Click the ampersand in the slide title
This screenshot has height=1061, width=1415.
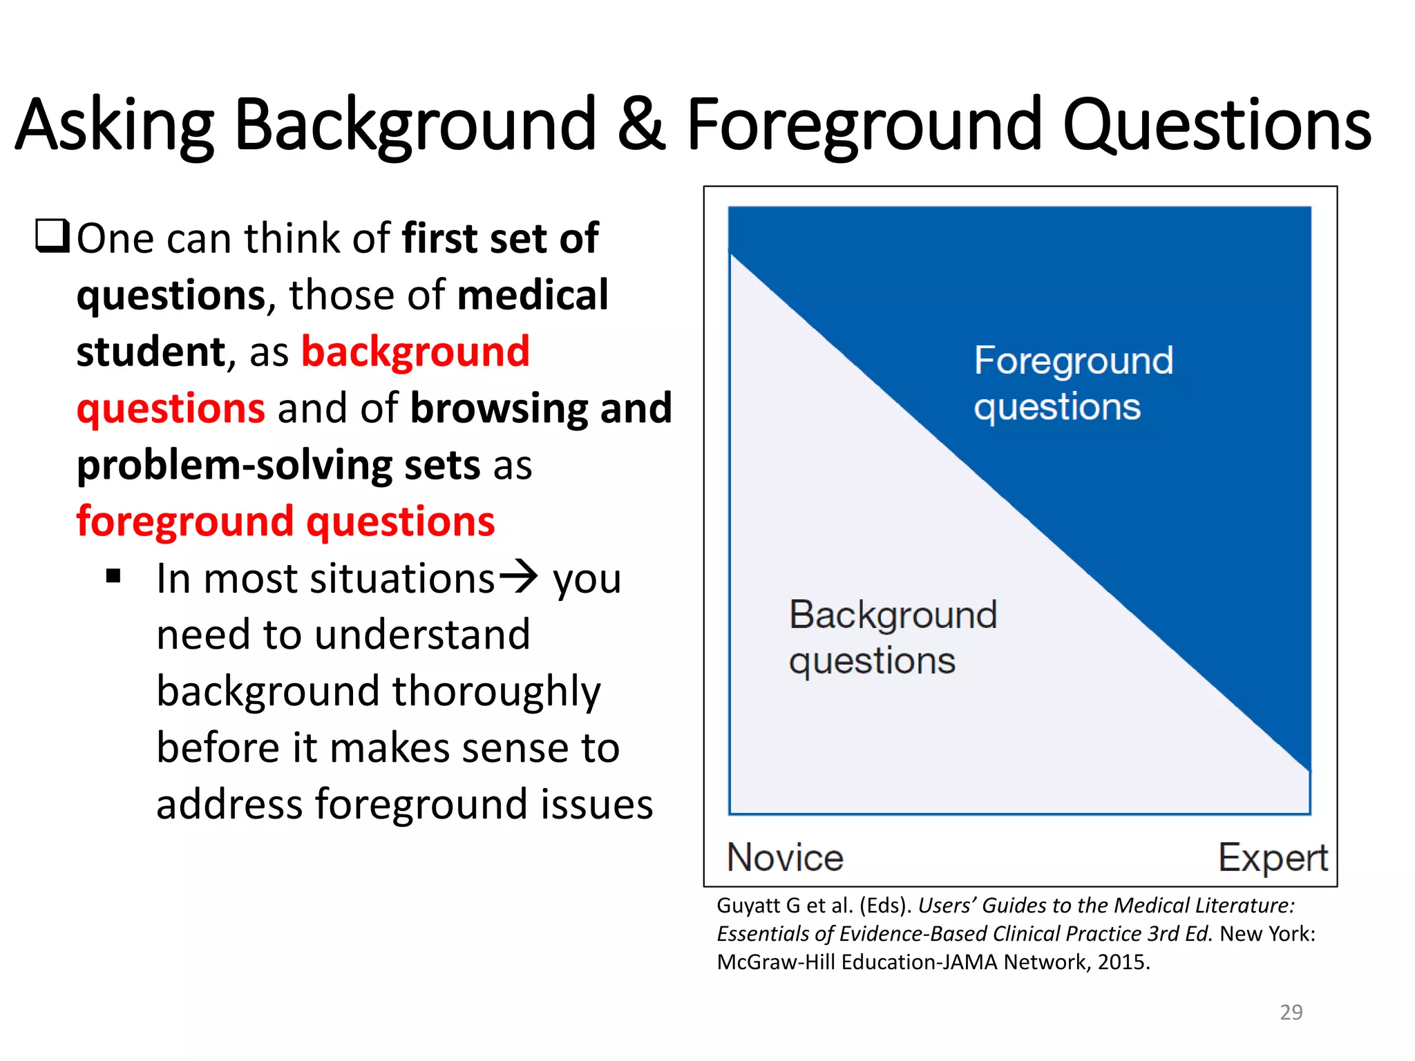point(641,124)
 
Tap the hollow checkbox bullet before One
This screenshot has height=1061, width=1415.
point(53,236)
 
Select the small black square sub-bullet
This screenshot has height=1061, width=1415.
point(114,576)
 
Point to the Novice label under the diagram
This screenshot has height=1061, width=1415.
point(785,858)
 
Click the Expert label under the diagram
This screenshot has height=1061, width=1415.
point(1273,858)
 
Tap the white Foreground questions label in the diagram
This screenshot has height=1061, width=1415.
point(1073,383)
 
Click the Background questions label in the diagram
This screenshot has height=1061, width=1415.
point(893,637)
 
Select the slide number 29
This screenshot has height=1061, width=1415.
point(1291,1012)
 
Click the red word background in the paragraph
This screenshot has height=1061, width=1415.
point(415,352)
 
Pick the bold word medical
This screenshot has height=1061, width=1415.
point(533,295)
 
